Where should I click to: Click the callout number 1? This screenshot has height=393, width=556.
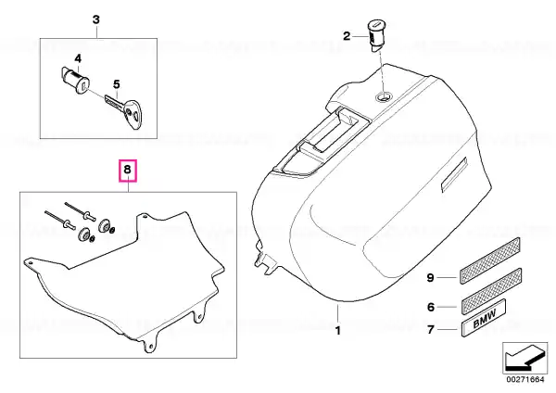pos(337,331)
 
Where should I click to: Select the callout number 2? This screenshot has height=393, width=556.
pos(346,36)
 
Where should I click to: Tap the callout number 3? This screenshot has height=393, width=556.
pos(96,19)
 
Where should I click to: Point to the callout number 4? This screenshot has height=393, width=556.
pos(78,58)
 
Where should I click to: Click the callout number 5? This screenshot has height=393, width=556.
pos(117,84)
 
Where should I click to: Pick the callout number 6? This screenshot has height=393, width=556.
pos(431,307)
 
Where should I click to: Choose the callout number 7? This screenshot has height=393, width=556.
pos(431,330)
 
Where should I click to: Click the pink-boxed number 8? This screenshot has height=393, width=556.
pos(127,171)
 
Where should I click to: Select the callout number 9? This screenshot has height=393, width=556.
pos(430,277)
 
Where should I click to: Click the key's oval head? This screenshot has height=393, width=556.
pos(133,114)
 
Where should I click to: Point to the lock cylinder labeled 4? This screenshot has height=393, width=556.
pos(74,80)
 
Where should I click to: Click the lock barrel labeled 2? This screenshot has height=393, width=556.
pos(376,36)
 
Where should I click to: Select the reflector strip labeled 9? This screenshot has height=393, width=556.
pos(489,260)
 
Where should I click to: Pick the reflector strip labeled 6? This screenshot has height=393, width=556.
pos(491,290)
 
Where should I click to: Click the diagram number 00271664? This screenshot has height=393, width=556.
pos(525,379)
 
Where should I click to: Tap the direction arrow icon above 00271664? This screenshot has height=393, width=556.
pos(525,358)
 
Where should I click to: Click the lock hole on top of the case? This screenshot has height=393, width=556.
pos(384,95)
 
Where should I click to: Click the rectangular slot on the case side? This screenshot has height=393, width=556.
pos(455,175)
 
